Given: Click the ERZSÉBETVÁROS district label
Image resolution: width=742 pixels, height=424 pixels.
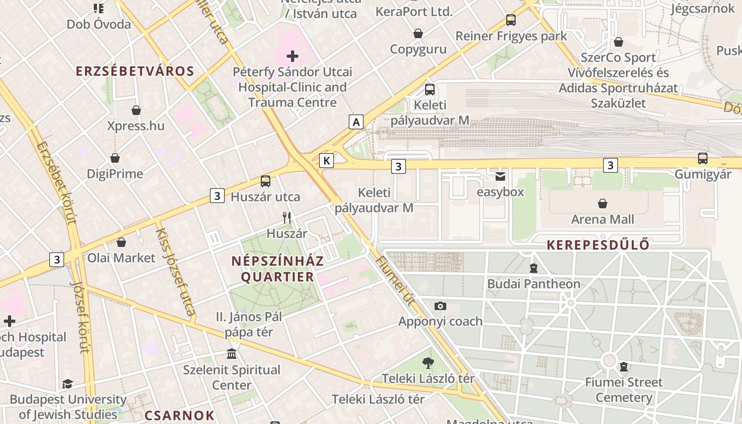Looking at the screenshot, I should point(135,71).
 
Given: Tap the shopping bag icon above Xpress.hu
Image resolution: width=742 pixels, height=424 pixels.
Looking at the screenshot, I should point(136,110).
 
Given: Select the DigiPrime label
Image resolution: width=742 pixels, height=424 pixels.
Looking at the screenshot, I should point(115,174).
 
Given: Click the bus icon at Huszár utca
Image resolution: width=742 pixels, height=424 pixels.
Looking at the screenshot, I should point(266,181).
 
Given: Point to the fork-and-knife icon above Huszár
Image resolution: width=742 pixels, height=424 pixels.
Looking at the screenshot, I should point(287,217).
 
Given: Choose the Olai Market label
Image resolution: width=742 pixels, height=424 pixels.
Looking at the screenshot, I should point(121,258).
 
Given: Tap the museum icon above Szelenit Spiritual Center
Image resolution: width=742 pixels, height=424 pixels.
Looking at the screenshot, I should point(232,354).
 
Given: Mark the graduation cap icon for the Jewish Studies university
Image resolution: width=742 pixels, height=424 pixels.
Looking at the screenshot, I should point(67,384).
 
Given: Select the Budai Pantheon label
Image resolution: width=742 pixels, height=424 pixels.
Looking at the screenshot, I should point(534,284).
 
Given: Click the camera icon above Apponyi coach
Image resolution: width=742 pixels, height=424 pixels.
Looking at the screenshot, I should point(440,306).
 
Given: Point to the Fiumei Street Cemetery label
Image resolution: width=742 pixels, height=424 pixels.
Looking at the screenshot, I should point(624,390).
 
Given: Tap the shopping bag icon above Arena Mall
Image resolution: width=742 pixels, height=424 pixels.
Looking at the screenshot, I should point(603,204).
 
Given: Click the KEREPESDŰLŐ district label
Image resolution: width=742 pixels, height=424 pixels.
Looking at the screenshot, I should point(598,245).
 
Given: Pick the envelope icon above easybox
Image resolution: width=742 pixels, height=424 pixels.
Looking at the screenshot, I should point(500,176).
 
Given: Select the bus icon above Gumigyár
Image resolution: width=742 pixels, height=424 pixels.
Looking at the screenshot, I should point(703,158).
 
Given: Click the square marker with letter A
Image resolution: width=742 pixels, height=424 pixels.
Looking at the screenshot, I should point(356,122).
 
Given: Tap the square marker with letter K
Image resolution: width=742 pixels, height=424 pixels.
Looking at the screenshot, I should point(326,160).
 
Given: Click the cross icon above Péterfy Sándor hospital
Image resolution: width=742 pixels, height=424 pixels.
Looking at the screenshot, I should point(293,56).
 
